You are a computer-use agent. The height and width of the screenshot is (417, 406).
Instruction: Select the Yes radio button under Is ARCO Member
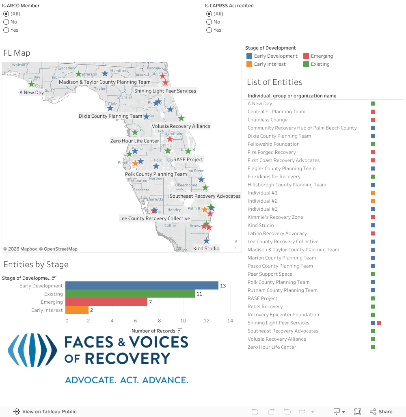coord(6,30)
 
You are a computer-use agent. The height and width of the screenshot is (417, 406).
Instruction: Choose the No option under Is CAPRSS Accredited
coord(209,22)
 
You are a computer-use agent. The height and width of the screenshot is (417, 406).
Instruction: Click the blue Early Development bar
coord(142,286)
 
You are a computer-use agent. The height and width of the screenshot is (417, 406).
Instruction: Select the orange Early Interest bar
coord(77,310)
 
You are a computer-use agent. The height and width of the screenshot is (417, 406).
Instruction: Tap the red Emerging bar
coord(106,302)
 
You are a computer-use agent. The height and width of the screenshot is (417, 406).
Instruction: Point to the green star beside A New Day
coord(31,84)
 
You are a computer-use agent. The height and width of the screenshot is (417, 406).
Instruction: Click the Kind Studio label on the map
coord(206,248)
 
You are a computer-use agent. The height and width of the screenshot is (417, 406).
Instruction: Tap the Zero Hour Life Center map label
coord(135,141)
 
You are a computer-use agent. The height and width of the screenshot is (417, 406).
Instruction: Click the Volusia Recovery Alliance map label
coord(181,126)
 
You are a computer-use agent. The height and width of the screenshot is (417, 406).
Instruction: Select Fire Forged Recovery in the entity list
coord(272,152)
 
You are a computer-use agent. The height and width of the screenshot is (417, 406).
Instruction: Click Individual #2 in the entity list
coord(263,201)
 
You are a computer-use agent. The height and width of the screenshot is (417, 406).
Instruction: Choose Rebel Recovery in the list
coord(265,307)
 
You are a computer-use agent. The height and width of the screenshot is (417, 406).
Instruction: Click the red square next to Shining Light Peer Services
coord(379,323)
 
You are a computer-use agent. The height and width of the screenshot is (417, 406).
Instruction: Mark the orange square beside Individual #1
coord(373,193)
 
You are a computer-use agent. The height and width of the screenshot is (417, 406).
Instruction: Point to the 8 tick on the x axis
coord(160,321)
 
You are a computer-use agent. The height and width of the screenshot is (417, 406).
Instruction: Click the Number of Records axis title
coord(153,331)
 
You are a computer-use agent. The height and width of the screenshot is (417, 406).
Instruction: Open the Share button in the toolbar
coord(381,412)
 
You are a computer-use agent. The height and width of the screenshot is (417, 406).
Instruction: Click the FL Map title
coord(17,53)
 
